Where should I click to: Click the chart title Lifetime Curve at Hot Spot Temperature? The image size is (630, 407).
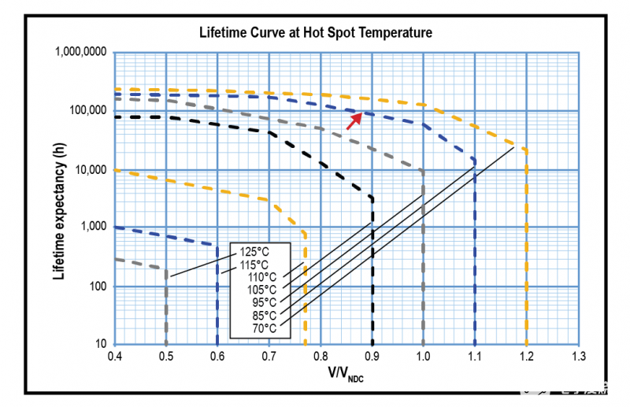click(314, 32)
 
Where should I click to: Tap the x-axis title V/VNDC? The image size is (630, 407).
click(346, 376)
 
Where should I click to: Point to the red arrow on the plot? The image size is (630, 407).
click(354, 120)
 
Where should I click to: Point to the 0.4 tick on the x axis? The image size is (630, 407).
click(114, 357)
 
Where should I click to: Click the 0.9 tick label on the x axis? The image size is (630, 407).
click(372, 357)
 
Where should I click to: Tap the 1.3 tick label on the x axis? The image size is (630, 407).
click(579, 357)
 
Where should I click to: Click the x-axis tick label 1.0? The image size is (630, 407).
click(424, 357)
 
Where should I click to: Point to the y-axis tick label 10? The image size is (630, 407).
click(102, 345)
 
